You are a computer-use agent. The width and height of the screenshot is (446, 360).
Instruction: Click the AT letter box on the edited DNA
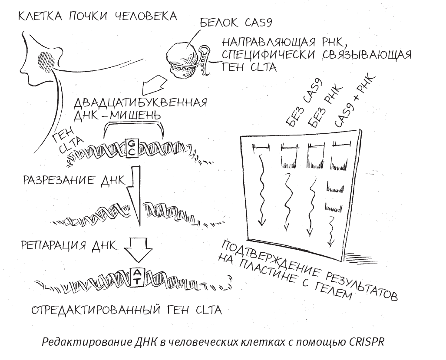[x=137, y=277]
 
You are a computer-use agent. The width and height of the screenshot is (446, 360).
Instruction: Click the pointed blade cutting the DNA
[x=134, y=196]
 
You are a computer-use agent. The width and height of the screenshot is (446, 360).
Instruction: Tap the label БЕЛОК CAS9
[x=235, y=23]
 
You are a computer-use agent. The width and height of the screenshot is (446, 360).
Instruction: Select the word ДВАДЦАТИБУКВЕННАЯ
[x=140, y=102]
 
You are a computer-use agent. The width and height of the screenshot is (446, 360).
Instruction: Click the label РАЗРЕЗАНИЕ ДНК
[x=74, y=180]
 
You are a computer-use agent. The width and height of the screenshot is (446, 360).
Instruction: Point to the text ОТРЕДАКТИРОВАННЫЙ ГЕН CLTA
[x=126, y=310]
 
